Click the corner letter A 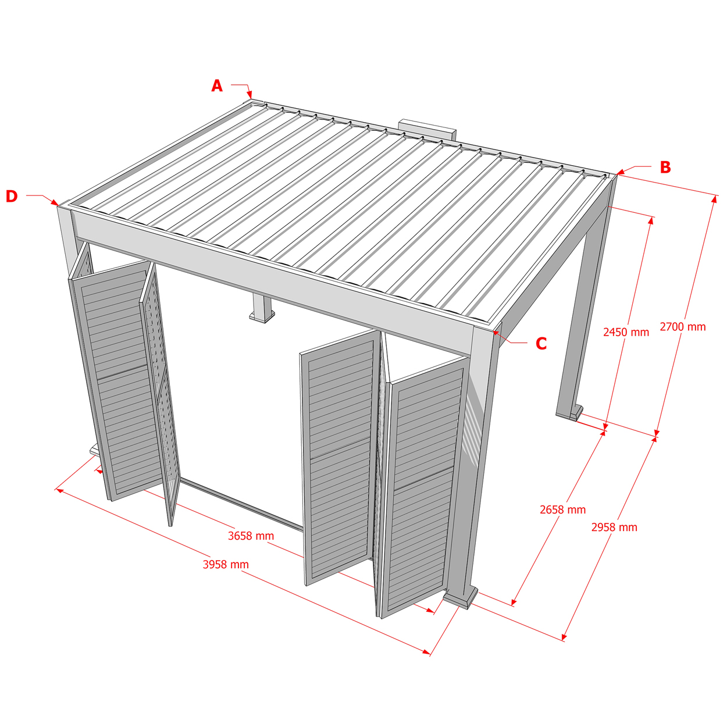(217, 86)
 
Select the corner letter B (665, 167)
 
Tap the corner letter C (541, 344)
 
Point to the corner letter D (12, 196)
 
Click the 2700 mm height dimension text (682, 327)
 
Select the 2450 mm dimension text (626, 332)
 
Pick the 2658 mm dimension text (562, 509)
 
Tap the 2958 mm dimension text (614, 527)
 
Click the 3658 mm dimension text (251, 536)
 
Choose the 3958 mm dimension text (226, 564)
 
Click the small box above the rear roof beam (427, 129)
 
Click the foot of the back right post (569, 412)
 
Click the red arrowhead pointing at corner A (250, 94)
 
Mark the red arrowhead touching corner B (621, 172)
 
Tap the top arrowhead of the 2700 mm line (714, 199)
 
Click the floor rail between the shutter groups (242, 505)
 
